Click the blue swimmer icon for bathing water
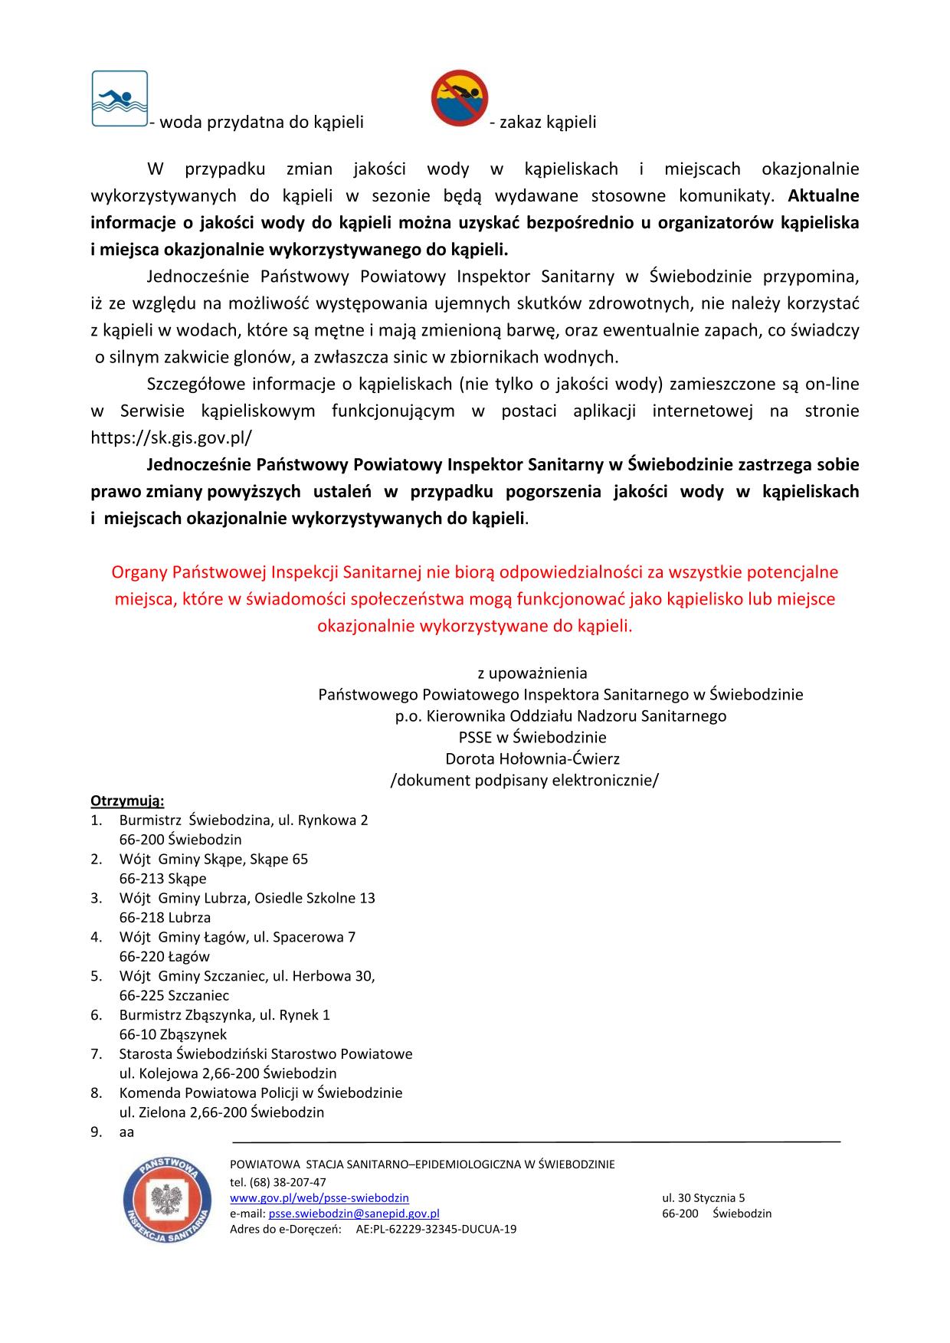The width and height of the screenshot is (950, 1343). (120, 98)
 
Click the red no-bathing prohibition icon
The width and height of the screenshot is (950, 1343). (459, 98)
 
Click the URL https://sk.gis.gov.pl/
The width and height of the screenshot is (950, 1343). (171, 437)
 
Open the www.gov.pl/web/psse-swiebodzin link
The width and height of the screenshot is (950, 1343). (319, 1197)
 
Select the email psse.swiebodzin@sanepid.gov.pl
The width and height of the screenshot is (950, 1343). (354, 1214)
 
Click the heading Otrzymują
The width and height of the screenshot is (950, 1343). (127, 801)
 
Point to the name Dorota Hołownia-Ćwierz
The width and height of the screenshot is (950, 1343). (532, 758)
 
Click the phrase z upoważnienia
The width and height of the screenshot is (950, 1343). (532, 673)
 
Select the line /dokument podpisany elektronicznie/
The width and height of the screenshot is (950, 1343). (525, 780)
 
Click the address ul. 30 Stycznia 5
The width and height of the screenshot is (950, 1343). (703, 1197)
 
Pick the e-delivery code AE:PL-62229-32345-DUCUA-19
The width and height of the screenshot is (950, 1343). (436, 1229)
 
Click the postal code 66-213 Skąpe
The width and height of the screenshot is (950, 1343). (162, 879)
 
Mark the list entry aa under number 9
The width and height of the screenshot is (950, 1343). (126, 1132)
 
